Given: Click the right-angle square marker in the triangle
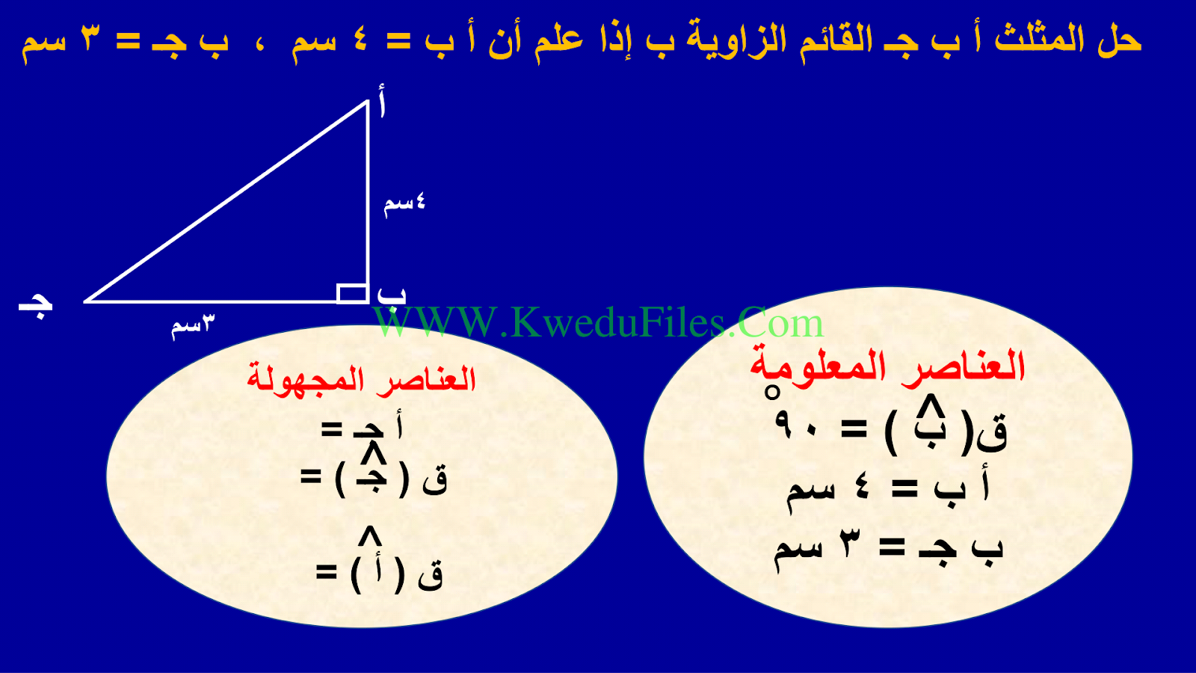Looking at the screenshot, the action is point(352,294).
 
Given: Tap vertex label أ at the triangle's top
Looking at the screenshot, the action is point(381,101).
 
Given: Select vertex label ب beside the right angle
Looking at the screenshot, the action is point(392,296).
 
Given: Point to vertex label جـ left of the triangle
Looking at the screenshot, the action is point(36,307).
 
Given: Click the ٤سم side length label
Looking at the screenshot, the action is point(404,205).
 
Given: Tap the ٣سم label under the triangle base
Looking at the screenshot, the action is point(193,325).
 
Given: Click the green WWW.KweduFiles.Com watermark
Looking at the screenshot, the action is point(598,322).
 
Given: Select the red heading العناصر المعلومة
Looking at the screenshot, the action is point(887,366).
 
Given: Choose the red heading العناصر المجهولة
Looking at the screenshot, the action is point(362,378).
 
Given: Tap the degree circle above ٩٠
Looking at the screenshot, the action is point(771,393).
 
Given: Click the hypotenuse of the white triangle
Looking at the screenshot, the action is point(226,201).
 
